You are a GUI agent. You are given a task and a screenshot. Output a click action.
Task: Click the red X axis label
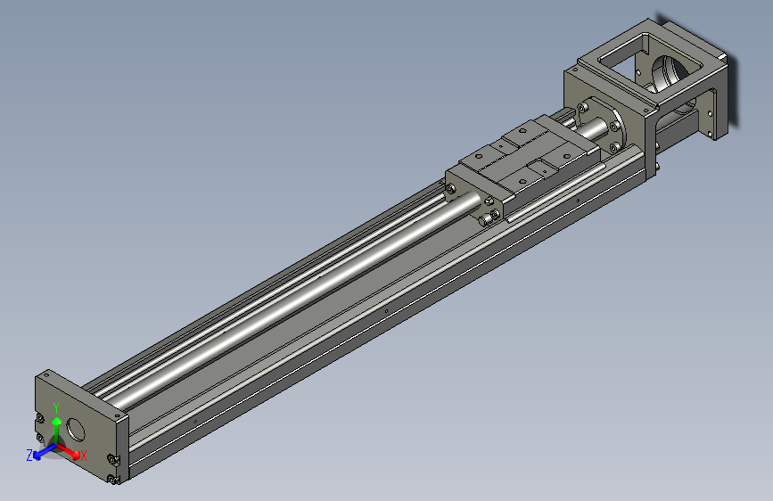pyautogui.click(x=84, y=455)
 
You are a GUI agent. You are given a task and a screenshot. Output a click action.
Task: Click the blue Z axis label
pyautogui.click(x=29, y=455)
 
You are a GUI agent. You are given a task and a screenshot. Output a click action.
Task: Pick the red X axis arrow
pyautogui.click(x=70, y=450)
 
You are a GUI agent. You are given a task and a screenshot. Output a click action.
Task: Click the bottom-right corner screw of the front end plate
pyautogui.click(x=113, y=480)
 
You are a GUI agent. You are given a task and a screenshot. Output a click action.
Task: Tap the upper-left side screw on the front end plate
pyautogui.click(x=39, y=419)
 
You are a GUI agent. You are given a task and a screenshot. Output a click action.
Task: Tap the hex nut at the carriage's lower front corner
pyautogui.click(x=487, y=218)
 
